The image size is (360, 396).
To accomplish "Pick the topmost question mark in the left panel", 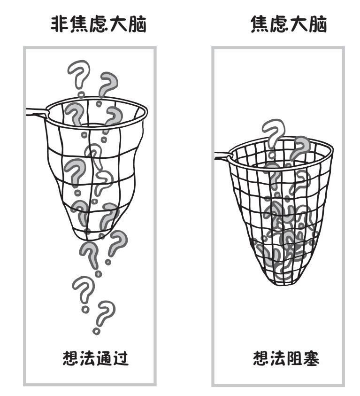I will pyautogui.click(x=77, y=75).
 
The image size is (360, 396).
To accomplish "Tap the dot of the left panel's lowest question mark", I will pyautogui.click(x=97, y=331).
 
